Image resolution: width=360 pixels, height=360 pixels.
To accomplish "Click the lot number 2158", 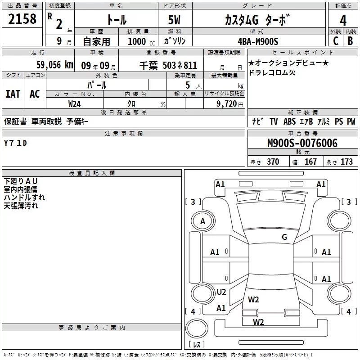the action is [x=23, y=19].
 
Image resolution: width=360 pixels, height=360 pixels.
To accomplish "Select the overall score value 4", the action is [x=343, y=20].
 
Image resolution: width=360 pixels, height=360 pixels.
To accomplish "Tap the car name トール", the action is [x=116, y=20].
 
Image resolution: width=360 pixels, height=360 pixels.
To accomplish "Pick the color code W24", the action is [x=74, y=103].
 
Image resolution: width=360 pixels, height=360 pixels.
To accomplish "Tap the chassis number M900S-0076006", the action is [x=302, y=143].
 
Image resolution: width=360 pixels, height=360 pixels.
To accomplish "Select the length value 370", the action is [x=273, y=162].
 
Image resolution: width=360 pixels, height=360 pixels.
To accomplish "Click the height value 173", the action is [x=346, y=162].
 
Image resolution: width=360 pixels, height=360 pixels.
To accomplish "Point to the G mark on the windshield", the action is [x=284, y=237].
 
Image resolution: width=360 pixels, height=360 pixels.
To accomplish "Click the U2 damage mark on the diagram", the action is [x=221, y=292].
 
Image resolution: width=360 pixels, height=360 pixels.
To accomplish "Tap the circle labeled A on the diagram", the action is [x=202, y=221].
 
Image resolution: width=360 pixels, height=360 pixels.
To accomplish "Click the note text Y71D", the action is [x=16, y=143].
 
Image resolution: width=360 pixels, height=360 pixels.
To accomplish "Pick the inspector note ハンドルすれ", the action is [x=24, y=197].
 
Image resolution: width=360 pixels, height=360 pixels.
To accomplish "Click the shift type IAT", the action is [x=13, y=94].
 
